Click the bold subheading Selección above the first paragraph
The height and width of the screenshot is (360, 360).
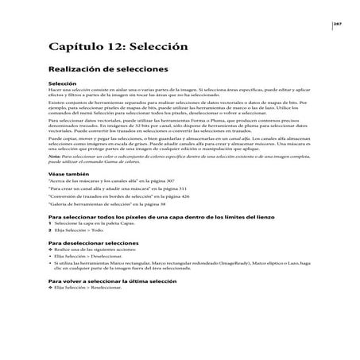(x=63, y=83)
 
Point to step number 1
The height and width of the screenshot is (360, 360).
(x=51, y=247)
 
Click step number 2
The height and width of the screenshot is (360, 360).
(x=51, y=254)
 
